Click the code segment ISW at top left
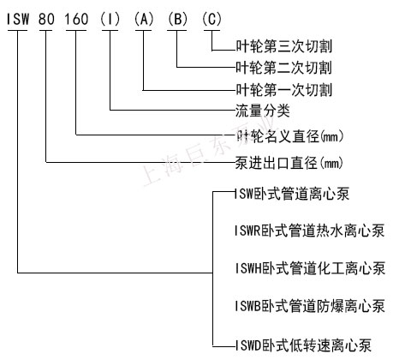[x=18, y=19]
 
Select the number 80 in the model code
[x=46, y=19]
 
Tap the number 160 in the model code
[x=76, y=19]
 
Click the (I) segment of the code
[x=110, y=19]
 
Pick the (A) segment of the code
[x=144, y=19]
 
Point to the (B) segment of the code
[x=177, y=19]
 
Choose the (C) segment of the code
[x=211, y=19]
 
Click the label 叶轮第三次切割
[x=283, y=46]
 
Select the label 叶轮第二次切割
[x=283, y=68]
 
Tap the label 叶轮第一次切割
[x=283, y=90]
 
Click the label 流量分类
[x=263, y=111]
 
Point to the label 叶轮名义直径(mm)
[x=289, y=136]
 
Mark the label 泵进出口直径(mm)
[x=289, y=163]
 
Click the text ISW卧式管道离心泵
[x=292, y=194]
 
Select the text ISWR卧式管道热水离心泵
[x=309, y=231]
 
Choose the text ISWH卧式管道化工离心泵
[x=310, y=268]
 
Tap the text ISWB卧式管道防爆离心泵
[x=310, y=306]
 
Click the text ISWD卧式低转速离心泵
[x=303, y=345]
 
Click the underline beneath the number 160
[x=76, y=30]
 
